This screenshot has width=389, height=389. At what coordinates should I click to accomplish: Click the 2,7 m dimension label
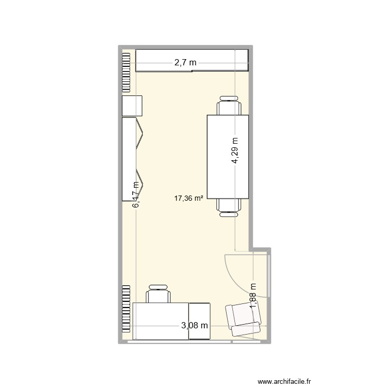(186, 63)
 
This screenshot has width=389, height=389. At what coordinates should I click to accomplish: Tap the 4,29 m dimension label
(235, 150)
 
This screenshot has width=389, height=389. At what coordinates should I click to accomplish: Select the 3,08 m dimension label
(195, 326)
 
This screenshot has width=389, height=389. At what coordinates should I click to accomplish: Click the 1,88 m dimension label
(253, 296)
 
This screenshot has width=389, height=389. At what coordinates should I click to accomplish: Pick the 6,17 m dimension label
(136, 195)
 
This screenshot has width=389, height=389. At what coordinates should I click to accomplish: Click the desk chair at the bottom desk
(158, 294)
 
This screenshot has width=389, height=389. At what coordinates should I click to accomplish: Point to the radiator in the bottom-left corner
(126, 310)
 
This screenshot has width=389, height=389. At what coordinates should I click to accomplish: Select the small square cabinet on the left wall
(132, 106)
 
